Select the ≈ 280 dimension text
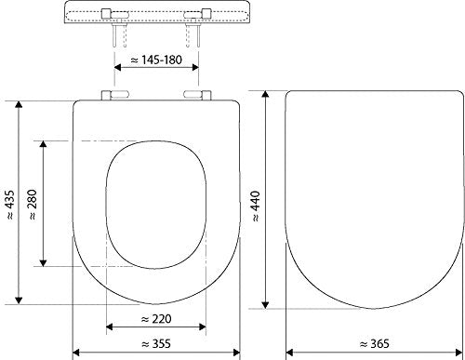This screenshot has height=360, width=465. click(33, 203)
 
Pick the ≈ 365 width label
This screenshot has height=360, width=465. click(372, 342)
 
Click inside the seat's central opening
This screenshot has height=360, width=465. click(154, 200)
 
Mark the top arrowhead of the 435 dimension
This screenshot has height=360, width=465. click(20, 100)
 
